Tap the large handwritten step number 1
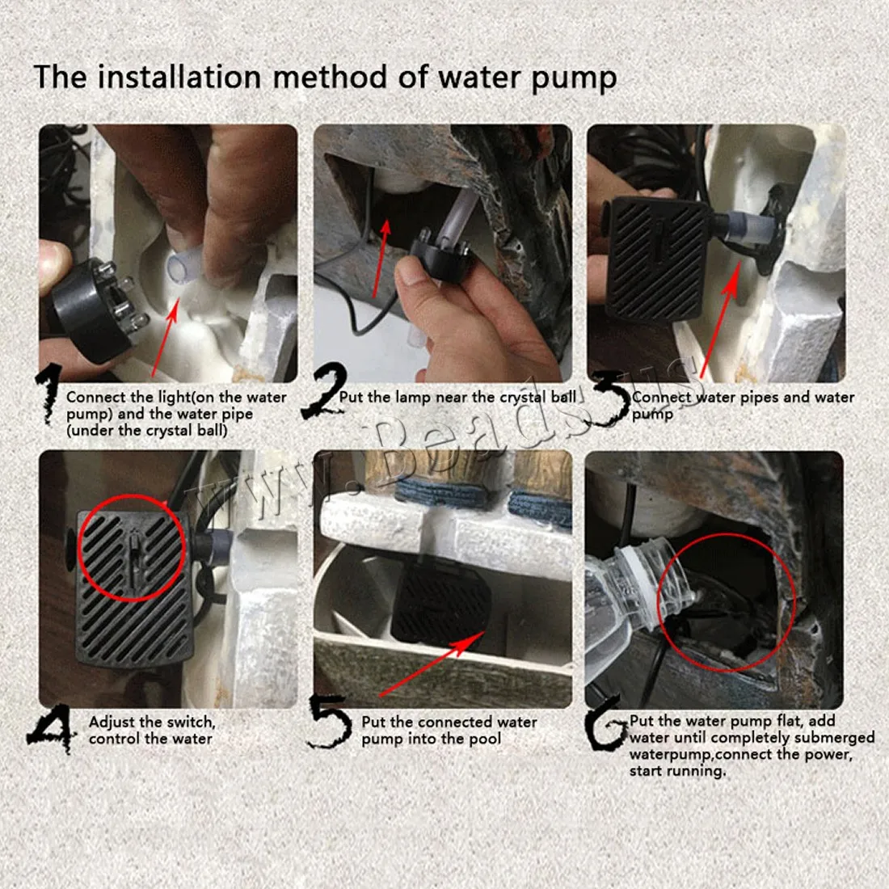coord(48,394)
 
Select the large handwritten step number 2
coord(324,390)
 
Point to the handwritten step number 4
coord(52,728)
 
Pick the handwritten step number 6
coord(606,723)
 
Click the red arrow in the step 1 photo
coord(165,337)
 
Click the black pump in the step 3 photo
coord(658,259)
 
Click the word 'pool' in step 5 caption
coord(483,739)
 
